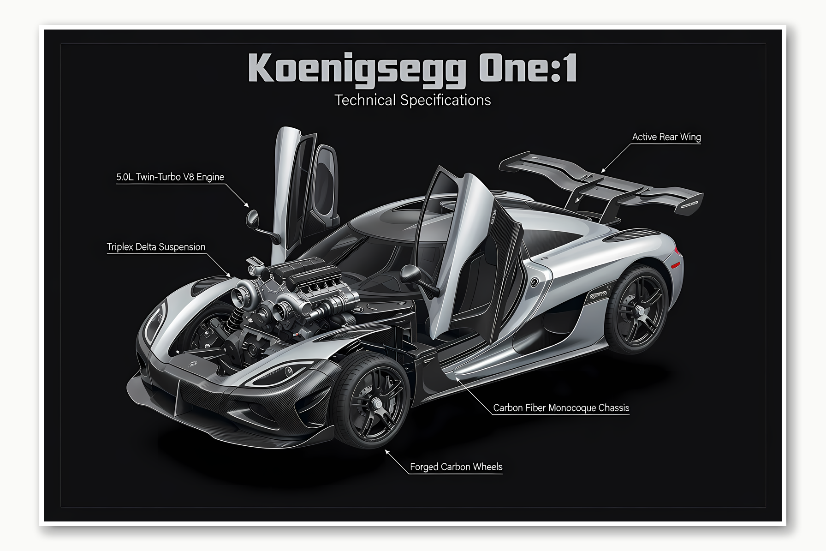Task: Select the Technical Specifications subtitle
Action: [x=413, y=100]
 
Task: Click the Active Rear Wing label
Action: [x=666, y=137]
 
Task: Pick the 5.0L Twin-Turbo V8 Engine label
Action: [x=170, y=177]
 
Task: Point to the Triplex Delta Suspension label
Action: [x=156, y=247]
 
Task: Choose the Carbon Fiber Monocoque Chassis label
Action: [x=561, y=408]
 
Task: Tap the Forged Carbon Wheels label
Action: [x=456, y=467]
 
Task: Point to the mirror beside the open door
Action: [x=410, y=274]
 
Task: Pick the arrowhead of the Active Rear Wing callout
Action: [x=602, y=171]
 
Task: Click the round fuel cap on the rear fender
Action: [x=535, y=282]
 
